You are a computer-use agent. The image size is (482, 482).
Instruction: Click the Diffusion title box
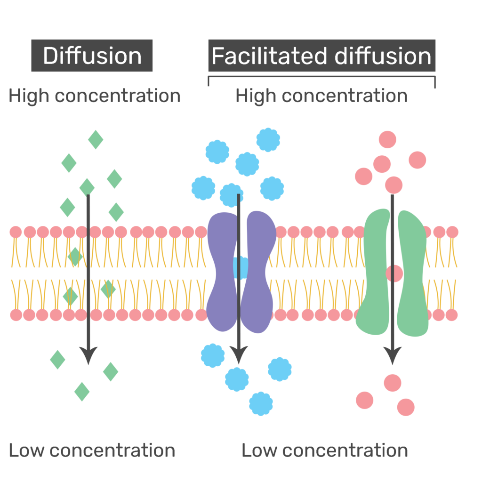92,56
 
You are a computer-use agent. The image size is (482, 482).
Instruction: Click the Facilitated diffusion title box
321,56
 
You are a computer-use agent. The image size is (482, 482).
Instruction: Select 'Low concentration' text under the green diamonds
92,450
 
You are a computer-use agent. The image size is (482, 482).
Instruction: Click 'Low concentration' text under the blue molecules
324,450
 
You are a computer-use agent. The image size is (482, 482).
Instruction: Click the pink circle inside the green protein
394,273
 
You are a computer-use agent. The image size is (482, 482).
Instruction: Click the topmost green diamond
96,139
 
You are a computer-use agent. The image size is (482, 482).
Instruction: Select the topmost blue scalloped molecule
268,139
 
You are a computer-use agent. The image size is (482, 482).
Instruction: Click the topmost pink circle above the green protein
387,139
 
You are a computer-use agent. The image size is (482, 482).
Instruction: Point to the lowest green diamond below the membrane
82,391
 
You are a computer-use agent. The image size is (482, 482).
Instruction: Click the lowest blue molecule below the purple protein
261,403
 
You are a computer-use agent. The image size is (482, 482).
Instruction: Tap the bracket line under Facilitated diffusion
321,76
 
